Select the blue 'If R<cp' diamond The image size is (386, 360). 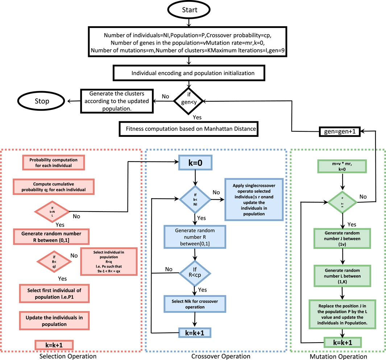(x=195, y=270)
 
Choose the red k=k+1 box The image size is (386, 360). (x=54, y=344)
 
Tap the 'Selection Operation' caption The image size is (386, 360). (x=72, y=356)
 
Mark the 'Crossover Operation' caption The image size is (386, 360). (x=220, y=356)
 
